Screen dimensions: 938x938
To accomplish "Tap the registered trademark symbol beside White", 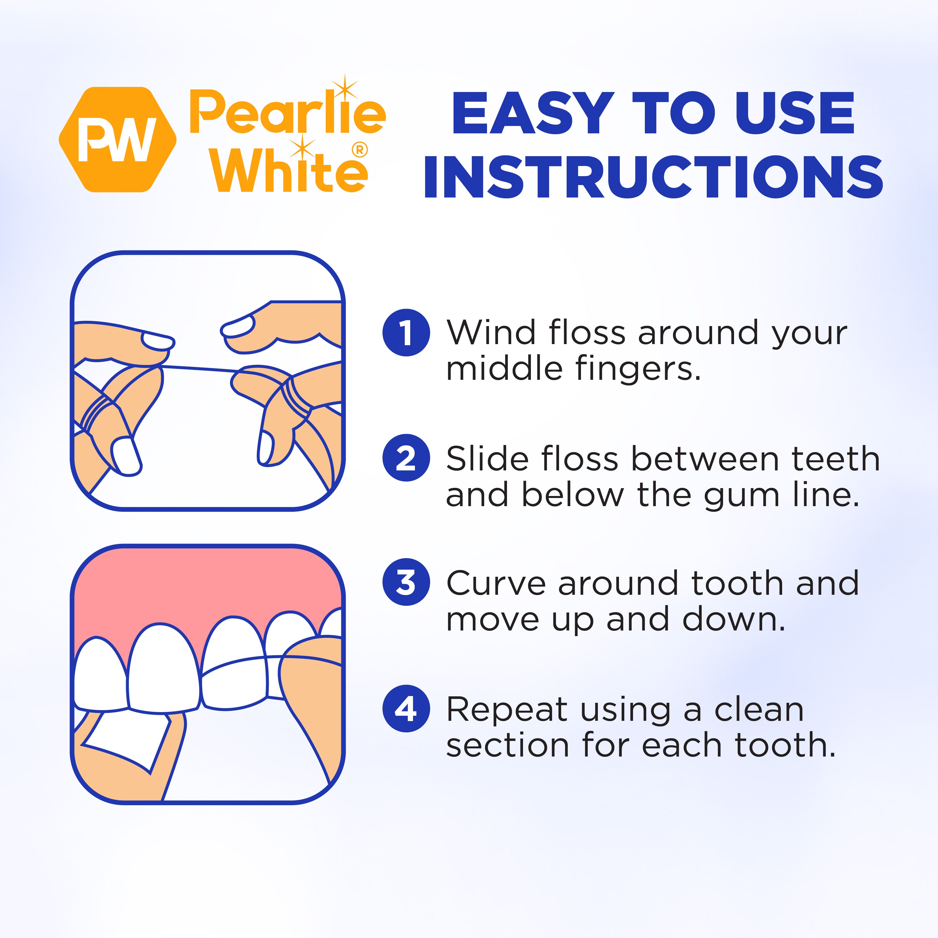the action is point(360,150).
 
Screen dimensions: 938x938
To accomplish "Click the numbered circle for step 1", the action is point(406,333).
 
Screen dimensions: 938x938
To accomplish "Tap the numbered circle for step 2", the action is point(406,458).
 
